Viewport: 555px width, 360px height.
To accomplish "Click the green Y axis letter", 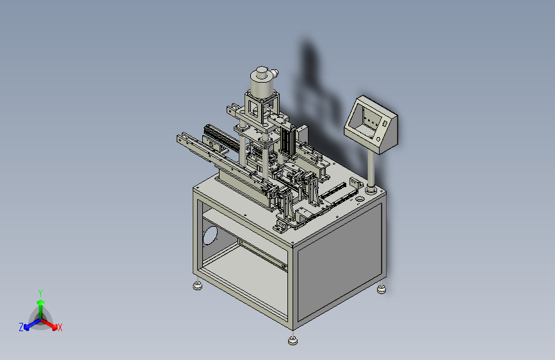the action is tap(40, 293).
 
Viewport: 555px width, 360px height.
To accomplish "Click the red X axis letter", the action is tap(60, 327).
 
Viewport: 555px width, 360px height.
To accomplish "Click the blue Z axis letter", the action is tap(21, 327).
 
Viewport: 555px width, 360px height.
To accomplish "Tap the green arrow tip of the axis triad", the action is tap(41, 302).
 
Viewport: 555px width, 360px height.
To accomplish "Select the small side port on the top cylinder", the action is tap(275, 74).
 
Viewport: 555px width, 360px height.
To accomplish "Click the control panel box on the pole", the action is tap(371, 125).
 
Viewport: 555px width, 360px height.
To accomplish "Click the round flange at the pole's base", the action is tap(371, 190).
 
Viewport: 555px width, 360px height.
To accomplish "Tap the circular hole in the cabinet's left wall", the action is tap(210, 235).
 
